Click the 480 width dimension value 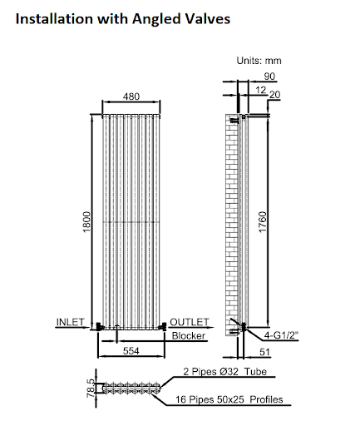tap(131, 97)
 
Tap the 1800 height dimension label tap(86, 222)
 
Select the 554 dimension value tap(131, 351)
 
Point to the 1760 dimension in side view tap(262, 222)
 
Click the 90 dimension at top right tap(269, 77)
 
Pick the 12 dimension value tap(261, 90)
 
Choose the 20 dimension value tap(274, 95)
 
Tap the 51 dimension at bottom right tap(264, 352)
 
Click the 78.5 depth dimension tap(91, 389)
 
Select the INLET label tap(70, 322)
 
